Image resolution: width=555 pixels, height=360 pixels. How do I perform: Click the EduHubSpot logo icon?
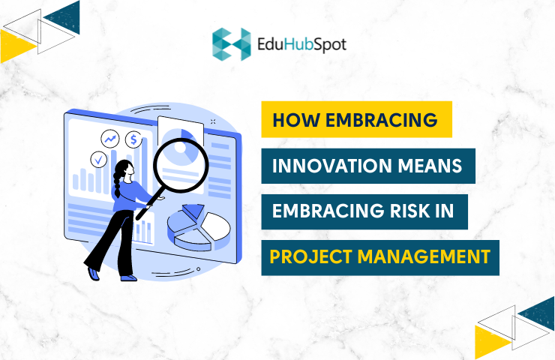[230, 43]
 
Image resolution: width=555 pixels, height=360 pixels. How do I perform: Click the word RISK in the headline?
[401, 211]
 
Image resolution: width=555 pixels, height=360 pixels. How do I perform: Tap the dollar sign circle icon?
[134, 139]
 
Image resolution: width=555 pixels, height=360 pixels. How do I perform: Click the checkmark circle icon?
[98, 159]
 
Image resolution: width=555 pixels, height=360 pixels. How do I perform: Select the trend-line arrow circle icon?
[111, 139]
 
